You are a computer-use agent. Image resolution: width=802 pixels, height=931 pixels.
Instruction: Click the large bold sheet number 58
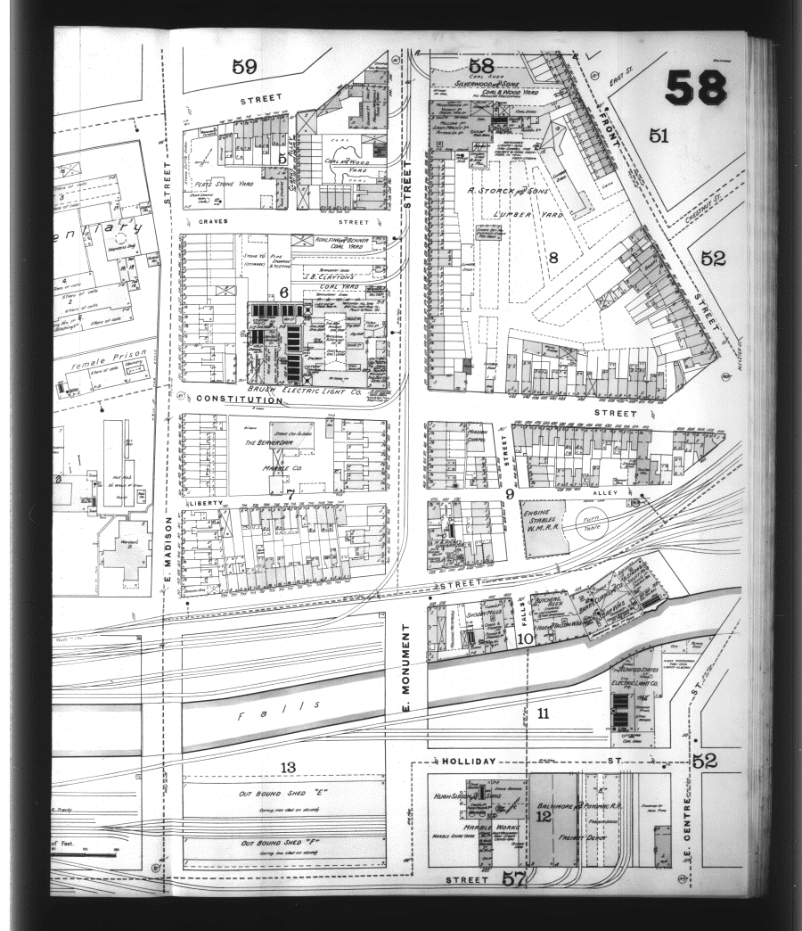pos(695,87)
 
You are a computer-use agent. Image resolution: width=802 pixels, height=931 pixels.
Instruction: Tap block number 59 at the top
pos(244,65)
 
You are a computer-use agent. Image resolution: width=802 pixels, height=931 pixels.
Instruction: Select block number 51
pos(659,136)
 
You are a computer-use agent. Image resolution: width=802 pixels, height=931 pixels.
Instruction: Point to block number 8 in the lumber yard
pos(552,259)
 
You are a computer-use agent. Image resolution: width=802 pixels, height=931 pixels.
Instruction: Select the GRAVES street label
pos(214,221)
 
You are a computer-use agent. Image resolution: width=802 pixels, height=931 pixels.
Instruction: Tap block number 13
pos(287,767)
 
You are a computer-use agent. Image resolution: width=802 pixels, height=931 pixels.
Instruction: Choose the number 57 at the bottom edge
pos(515,878)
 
